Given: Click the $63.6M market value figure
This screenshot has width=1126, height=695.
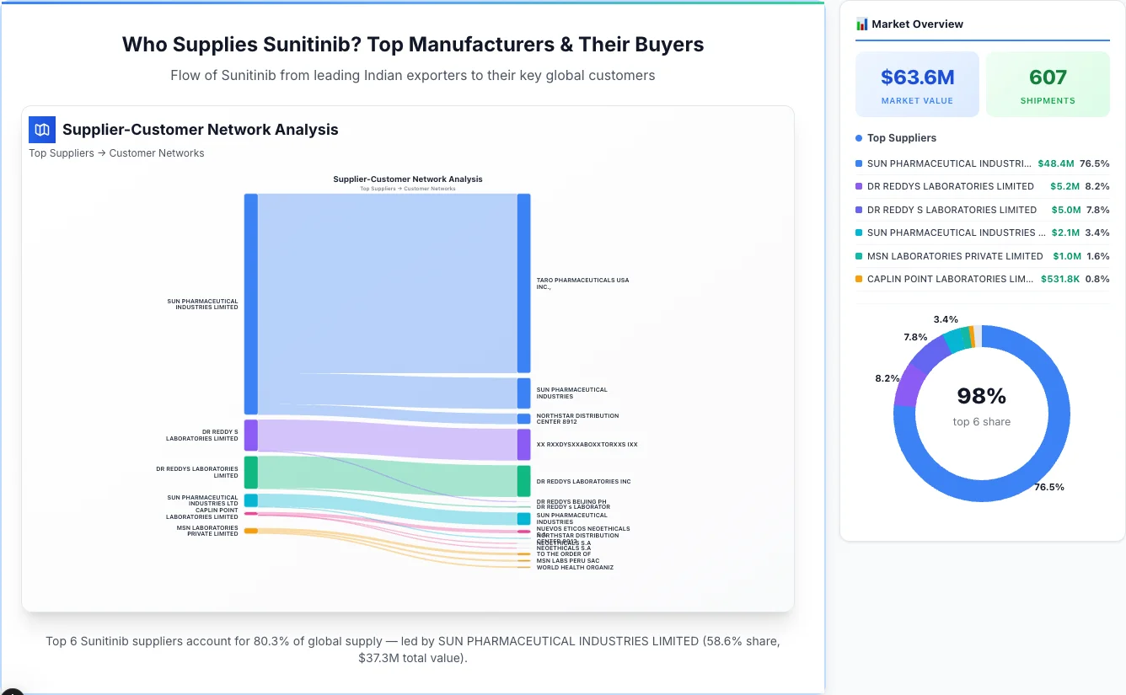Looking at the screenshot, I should click(x=917, y=78).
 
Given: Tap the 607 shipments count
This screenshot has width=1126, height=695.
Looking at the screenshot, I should click(x=1048, y=78).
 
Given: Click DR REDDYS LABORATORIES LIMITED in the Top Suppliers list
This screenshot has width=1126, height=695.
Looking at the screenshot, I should click(x=950, y=186).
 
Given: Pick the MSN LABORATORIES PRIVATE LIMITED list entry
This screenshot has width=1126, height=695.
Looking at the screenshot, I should click(x=955, y=256).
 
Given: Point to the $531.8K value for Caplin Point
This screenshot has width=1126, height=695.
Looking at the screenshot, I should click(x=1060, y=279).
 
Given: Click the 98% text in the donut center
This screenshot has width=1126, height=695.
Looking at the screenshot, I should click(x=981, y=396).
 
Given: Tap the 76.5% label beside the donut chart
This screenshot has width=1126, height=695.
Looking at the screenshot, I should click(x=1049, y=487).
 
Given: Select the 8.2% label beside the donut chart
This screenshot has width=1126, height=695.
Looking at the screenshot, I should click(x=887, y=378).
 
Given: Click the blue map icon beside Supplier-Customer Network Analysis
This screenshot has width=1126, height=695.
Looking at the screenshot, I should click(x=41, y=129).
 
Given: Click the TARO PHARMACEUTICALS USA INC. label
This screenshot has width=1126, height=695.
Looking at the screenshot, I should click(x=582, y=283).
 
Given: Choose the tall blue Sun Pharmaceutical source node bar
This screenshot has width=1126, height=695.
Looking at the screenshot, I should click(x=251, y=303).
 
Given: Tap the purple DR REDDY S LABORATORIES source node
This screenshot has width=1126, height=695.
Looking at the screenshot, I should click(x=251, y=436).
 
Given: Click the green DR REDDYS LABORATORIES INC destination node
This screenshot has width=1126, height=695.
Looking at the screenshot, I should click(x=523, y=481).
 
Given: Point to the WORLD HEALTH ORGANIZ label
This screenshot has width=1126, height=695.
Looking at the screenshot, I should click(x=575, y=568).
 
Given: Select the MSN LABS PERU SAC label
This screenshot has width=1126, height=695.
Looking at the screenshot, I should click(x=568, y=561).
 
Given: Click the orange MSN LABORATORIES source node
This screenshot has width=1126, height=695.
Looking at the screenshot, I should click(x=251, y=531).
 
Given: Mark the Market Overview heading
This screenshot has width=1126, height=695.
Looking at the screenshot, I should click(x=917, y=24).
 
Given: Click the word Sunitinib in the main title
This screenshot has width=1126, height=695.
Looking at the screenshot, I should click(x=314, y=45).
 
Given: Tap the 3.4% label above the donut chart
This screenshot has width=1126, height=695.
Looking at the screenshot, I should click(x=946, y=319).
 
